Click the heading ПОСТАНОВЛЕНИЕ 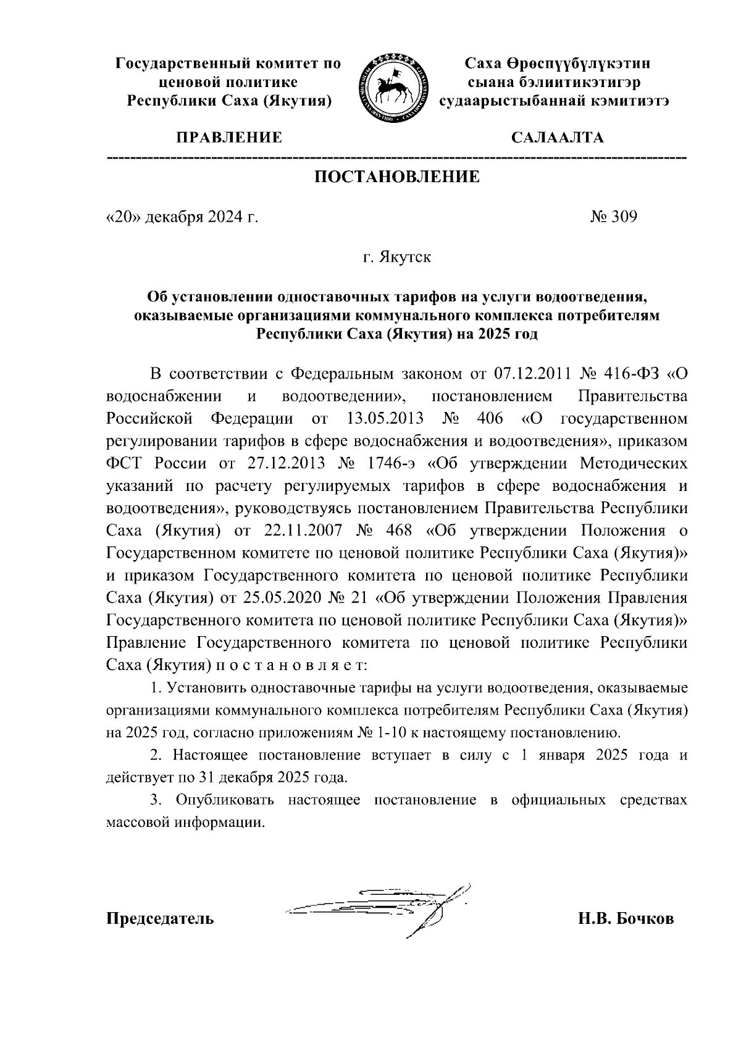tap(397, 177)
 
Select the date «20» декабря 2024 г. tap(182, 217)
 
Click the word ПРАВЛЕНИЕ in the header tap(230, 138)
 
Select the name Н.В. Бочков tap(626, 918)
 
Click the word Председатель tap(161, 918)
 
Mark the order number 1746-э tap(388, 463)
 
